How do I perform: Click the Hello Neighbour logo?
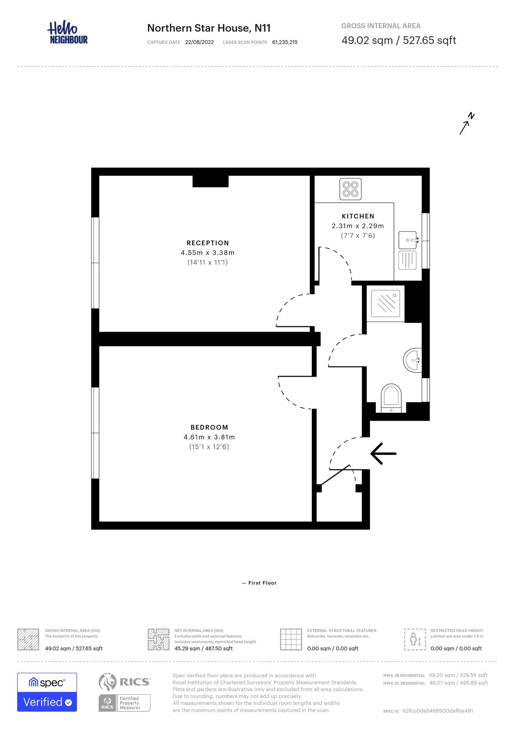(x=67, y=33)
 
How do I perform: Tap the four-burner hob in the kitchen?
(x=350, y=189)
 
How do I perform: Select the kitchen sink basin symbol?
(x=407, y=240)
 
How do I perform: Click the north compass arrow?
(x=466, y=124)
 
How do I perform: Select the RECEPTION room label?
(x=208, y=243)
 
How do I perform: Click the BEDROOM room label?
(x=209, y=427)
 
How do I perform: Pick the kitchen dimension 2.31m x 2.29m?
(x=358, y=226)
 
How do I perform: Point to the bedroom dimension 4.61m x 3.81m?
(x=209, y=437)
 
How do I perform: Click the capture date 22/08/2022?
(x=199, y=42)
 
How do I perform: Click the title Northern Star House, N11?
(x=209, y=28)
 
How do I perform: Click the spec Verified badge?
(x=47, y=692)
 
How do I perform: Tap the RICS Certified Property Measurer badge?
(x=125, y=692)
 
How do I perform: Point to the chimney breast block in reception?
(x=210, y=181)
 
